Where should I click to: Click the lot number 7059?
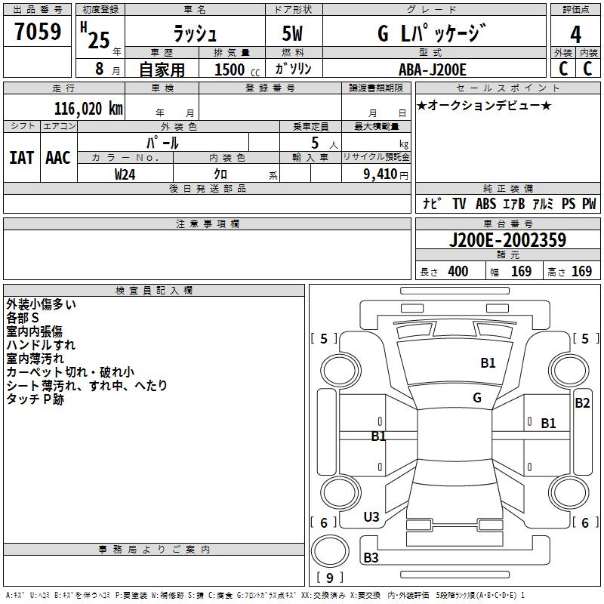tap(38, 32)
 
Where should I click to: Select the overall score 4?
tap(575, 35)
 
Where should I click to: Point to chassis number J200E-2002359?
tap(507, 241)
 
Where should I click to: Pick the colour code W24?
tap(125, 174)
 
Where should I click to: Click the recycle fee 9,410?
tap(381, 174)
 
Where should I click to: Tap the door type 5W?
tap(294, 35)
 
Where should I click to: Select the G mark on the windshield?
tap(476, 398)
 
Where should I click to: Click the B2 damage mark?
tap(582, 403)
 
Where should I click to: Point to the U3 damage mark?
tap(371, 517)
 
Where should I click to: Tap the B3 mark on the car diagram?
tap(371, 558)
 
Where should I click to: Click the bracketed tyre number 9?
tap(329, 578)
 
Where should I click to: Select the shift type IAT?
tap(21, 157)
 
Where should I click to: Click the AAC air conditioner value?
tap(58, 157)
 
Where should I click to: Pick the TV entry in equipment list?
tap(459, 204)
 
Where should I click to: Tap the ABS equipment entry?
tap(485, 204)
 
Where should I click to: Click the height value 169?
tap(581, 272)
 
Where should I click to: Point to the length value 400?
tap(458, 272)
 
